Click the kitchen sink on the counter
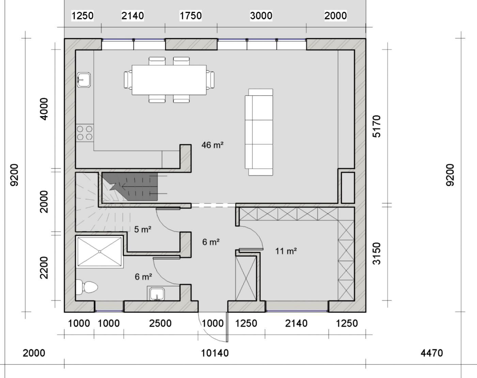pyautogui.click(x=84, y=80)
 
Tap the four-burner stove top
pyautogui.click(x=84, y=133)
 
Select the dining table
pyautogui.click(x=169, y=80)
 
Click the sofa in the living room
pyautogui.click(x=259, y=132)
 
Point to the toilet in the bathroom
pyautogui.click(x=87, y=287)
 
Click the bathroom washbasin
pyautogui.click(x=157, y=294)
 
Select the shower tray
pyautogui.click(x=99, y=252)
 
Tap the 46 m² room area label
pyautogui.click(x=212, y=145)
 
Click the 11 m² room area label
pyautogui.click(x=286, y=251)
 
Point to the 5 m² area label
pyautogui.click(x=143, y=229)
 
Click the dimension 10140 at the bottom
pyautogui.click(x=215, y=353)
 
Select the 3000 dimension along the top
pyautogui.click(x=261, y=16)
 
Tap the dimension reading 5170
pyautogui.click(x=376, y=126)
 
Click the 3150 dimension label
pyautogui.click(x=376, y=254)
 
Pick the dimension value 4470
pyautogui.click(x=432, y=353)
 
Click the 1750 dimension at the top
pyautogui.click(x=190, y=16)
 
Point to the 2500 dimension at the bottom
pyautogui.click(x=160, y=323)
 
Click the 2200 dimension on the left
pyautogui.click(x=44, y=268)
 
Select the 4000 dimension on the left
pyautogui.click(x=44, y=109)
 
